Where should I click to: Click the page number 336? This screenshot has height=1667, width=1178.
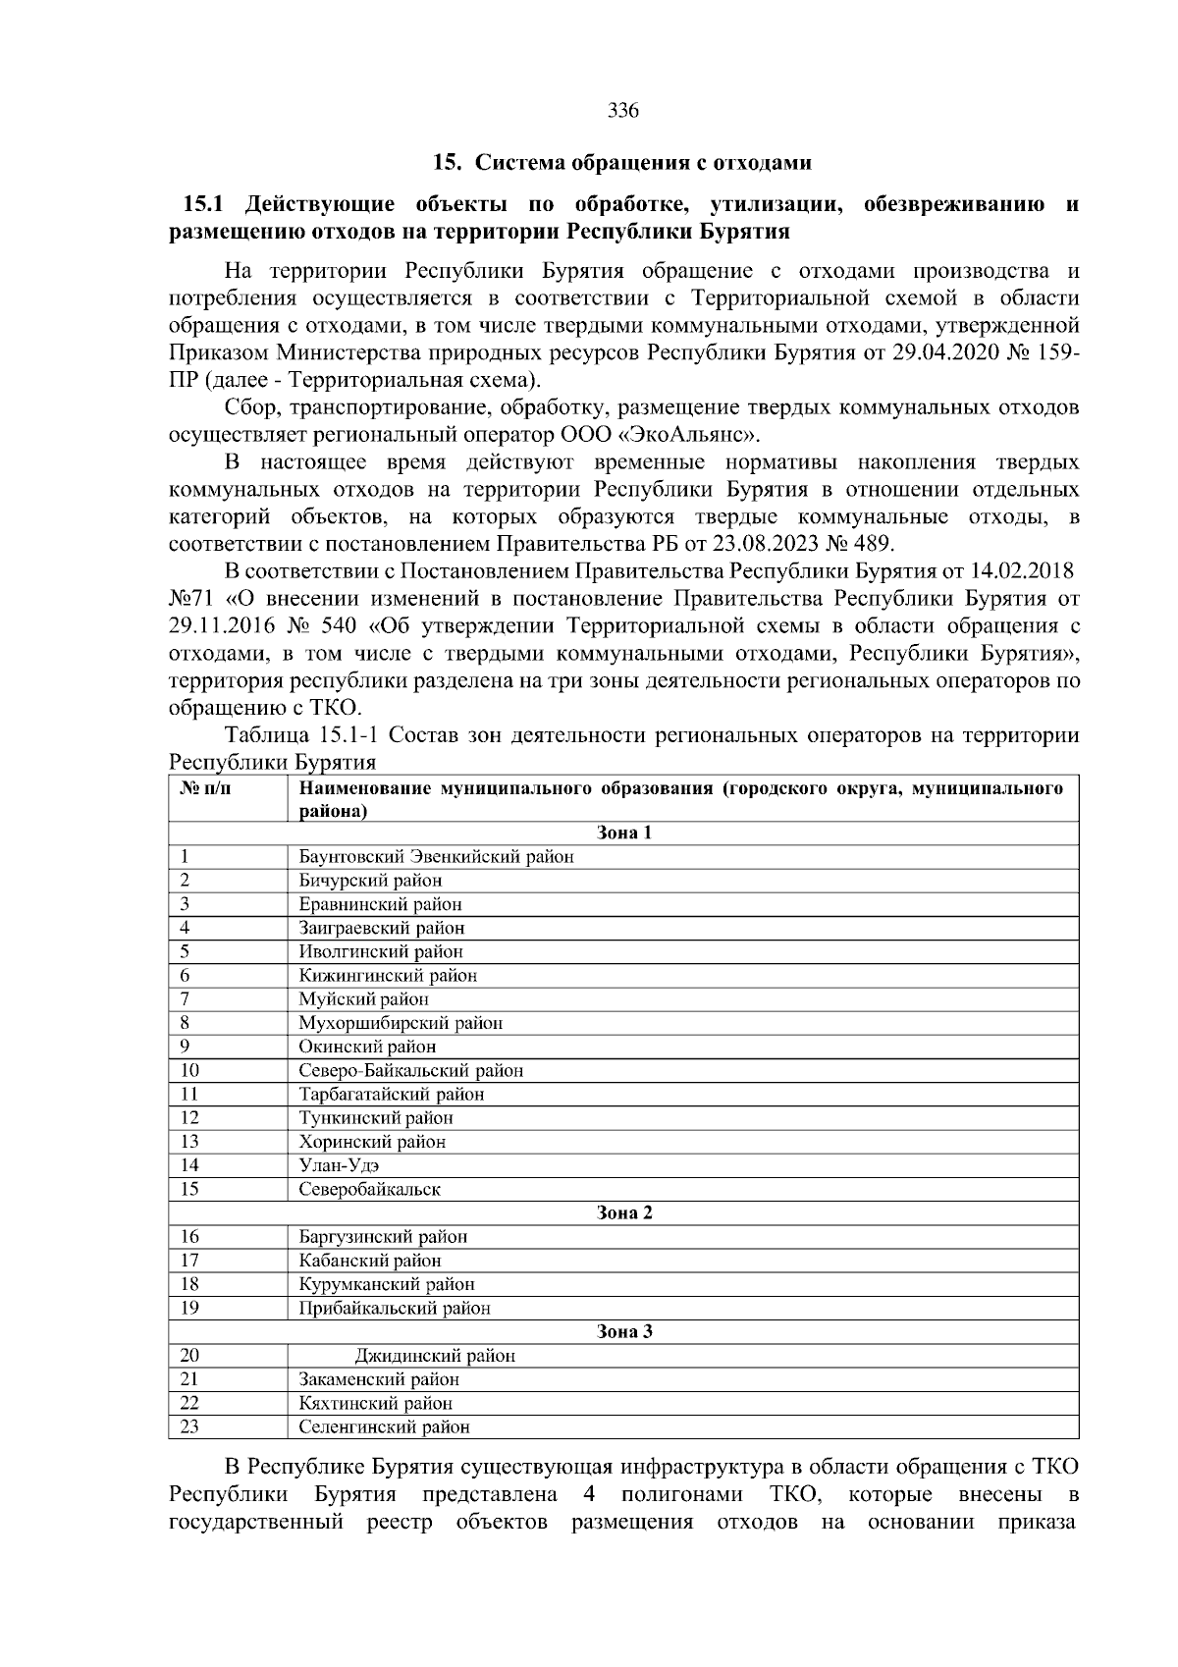pos(623,111)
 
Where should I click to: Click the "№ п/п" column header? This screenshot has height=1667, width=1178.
pos(207,789)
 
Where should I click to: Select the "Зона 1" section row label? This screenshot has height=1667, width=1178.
pos(624,833)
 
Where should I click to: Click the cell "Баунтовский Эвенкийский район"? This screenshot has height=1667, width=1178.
pos(436,857)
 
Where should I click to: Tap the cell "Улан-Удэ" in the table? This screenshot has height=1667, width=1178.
pos(339,1166)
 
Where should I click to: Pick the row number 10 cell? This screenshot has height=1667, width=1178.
pos(190,1071)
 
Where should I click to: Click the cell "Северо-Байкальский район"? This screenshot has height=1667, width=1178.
pos(410,1071)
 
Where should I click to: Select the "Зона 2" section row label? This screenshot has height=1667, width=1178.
pos(624,1213)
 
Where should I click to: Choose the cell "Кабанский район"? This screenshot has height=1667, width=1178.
pos(370,1261)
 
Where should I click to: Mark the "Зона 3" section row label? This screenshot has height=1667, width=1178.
pos(624,1332)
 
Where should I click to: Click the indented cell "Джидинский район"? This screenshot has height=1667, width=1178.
pos(434,1357)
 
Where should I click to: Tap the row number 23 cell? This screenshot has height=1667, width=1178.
pos(190,1427)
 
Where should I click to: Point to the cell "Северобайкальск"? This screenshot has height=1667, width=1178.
pos(369,1190)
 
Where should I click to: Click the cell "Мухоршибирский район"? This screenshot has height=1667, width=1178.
pos(401,1023)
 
